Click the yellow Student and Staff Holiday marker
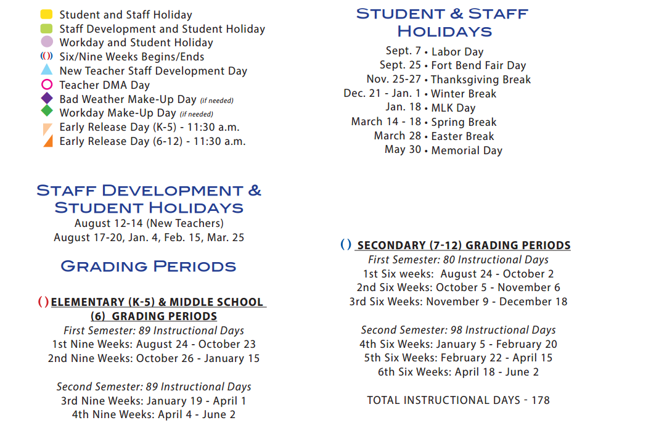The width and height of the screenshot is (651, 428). coord(46,14)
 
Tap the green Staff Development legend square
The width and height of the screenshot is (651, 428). coord(46,28)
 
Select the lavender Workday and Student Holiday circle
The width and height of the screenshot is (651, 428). coord(46,42)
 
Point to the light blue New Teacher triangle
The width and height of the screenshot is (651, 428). coord(46,70)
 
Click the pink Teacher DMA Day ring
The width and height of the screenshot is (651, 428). coord(46,84)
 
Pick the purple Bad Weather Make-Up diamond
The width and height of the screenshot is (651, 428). coord(47,99)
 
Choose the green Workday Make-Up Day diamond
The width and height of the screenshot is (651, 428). coord(47,112)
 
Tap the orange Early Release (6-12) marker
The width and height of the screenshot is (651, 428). coord(47,141)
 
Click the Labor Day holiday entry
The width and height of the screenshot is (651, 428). coord(457,52)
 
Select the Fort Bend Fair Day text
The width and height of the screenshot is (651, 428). coord(478,65)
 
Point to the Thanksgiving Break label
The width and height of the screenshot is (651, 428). coord(481,80)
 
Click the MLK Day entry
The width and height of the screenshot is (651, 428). coord(453,108)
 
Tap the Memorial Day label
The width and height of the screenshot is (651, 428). coord(467,150)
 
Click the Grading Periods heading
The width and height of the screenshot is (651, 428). coord(148,266)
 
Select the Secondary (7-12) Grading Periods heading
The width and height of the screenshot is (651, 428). coord(464,245)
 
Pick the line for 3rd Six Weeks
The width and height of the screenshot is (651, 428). coord(458,302)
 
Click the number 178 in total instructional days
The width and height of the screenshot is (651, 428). coord(540,400)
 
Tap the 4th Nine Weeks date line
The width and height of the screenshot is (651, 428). coord(154,414)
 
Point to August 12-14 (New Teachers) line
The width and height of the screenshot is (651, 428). coord(149,223)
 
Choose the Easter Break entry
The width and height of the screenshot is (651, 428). coord(462,136)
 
